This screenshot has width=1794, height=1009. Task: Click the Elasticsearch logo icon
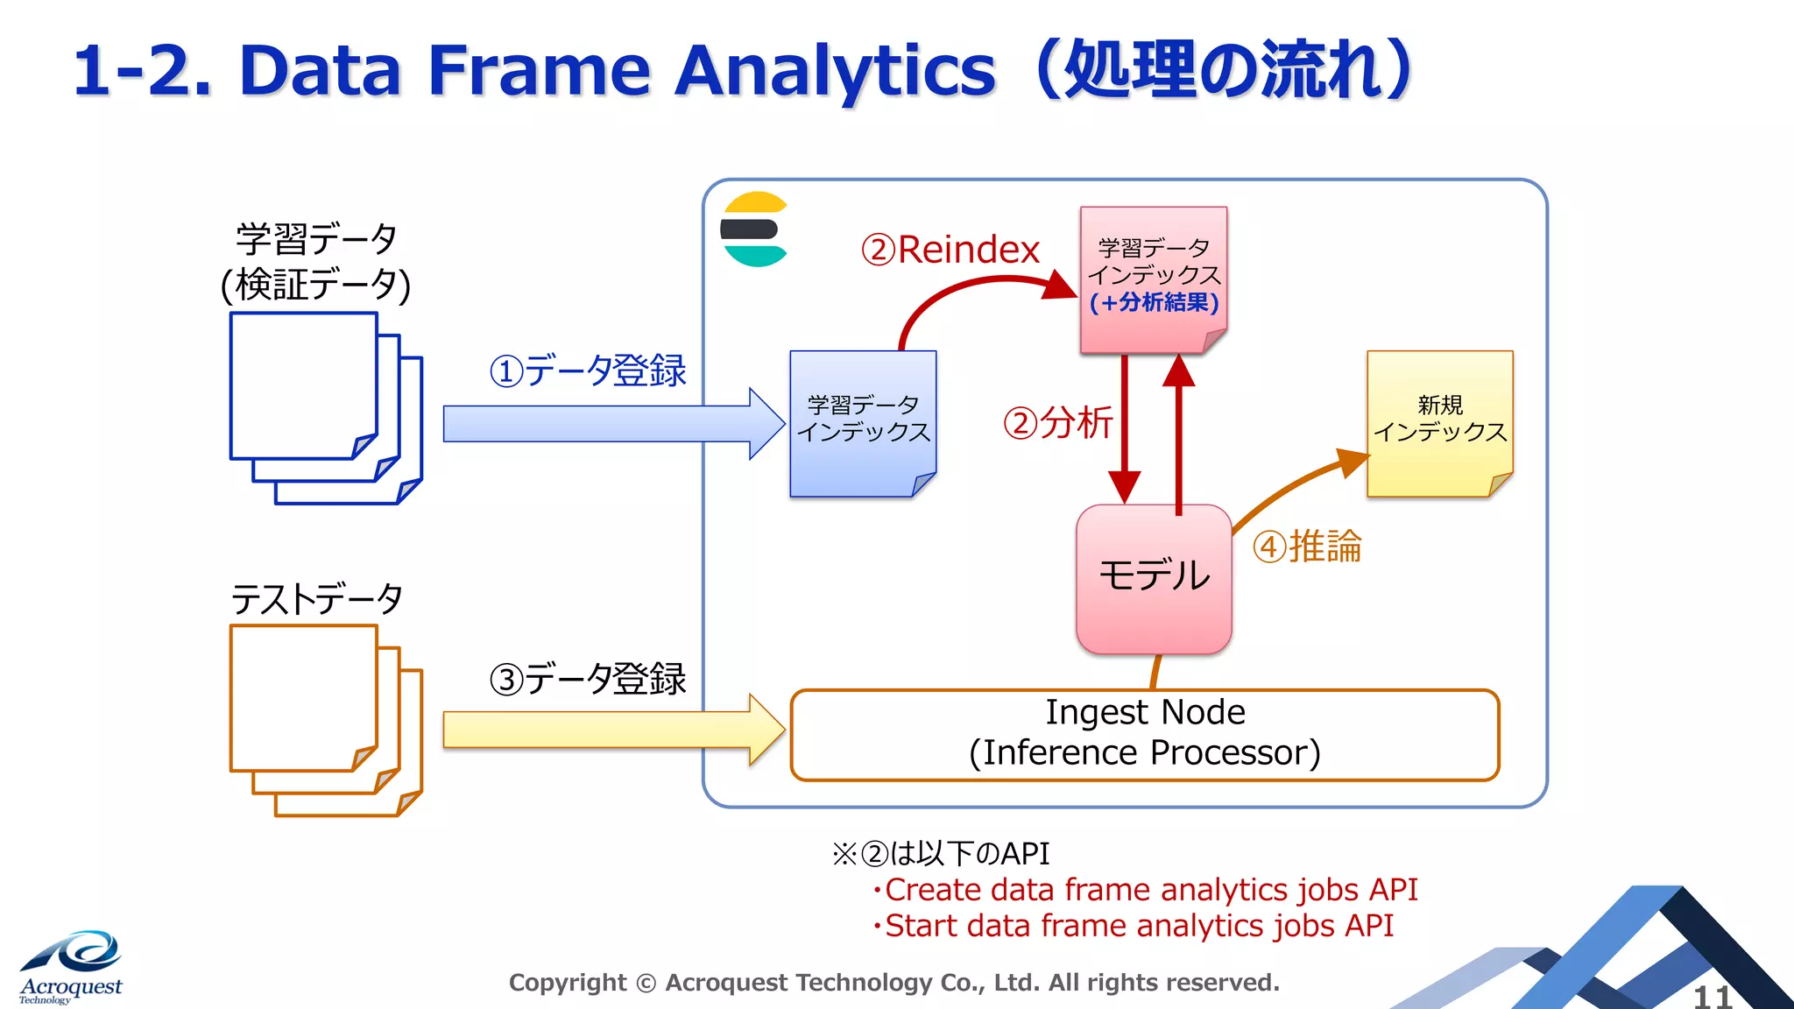(x=754, y=229)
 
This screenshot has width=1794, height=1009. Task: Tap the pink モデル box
(x=1154, y=579)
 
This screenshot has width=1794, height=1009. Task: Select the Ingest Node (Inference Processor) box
(x=1144, y=734)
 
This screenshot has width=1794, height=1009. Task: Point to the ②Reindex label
(x=950, y=250)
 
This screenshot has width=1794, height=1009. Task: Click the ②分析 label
(x=1056, y=423)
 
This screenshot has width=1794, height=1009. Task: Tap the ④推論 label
(x=1306, y=547)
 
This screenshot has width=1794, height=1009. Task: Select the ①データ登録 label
(x=587, y=370)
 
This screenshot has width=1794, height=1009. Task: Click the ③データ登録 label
(x=587, y=679)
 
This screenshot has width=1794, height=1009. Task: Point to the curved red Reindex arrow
(x=972, y=286)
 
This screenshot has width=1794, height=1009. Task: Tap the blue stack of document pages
(x=324, y=407)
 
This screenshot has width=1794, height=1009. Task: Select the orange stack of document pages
(x=324, y=719)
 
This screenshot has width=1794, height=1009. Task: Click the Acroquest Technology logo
(x=72, y=967)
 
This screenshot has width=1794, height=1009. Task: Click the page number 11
(x=1712, y=996)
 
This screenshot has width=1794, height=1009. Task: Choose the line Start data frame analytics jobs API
(x=1138, y=926)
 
